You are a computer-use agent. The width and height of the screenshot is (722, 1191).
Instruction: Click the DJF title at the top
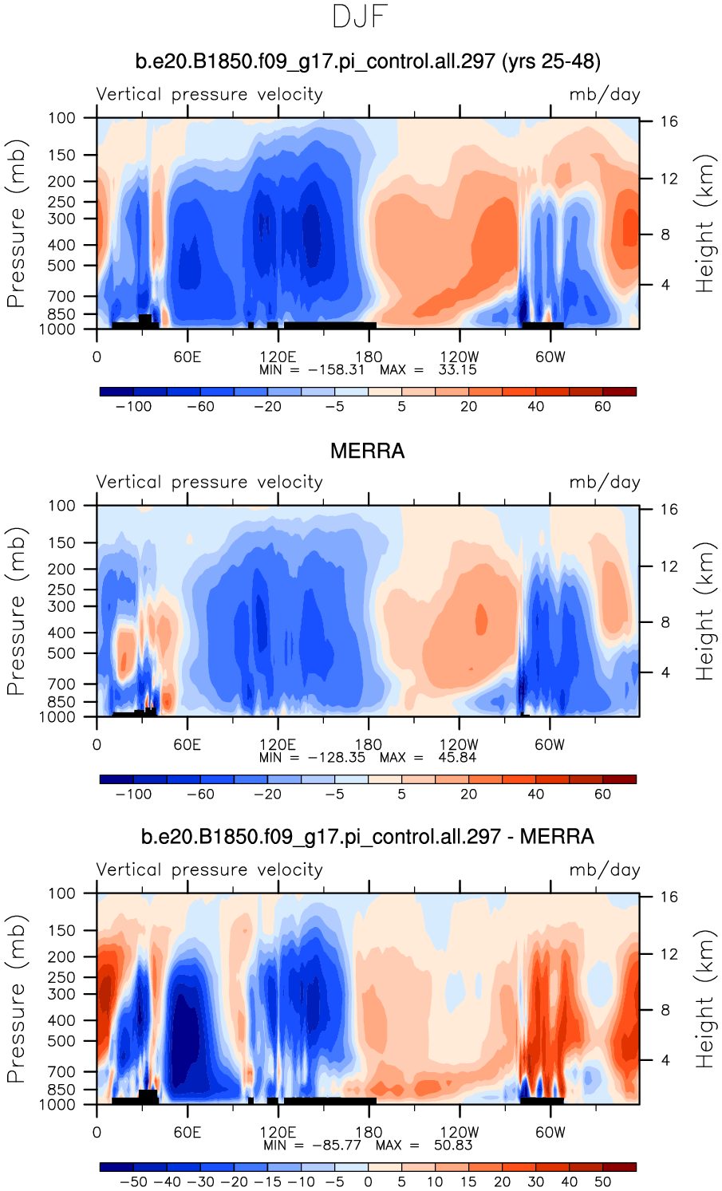(x=361, y=17)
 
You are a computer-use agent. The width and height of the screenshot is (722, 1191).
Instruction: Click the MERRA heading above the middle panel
(x=367, y=452)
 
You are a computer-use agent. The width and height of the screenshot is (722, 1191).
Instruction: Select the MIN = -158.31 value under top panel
(x=312, y=370)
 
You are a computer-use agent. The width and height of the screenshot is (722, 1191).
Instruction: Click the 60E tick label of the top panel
(x=187, y=357)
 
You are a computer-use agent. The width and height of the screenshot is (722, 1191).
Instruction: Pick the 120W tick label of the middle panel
(x=460, y=744)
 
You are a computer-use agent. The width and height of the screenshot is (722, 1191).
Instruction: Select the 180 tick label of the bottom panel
(x=369, y=1132)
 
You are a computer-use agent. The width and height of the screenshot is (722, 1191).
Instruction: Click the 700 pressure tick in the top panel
(x=61, y=297)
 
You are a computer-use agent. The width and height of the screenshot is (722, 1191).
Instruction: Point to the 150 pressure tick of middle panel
(x=61, y=542)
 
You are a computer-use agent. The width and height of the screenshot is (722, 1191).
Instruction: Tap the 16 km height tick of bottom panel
(x=669, y=897)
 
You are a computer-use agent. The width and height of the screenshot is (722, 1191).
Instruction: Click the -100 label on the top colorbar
(x=133, y=407)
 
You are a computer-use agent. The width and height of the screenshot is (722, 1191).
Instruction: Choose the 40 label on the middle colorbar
(x=535, y=795)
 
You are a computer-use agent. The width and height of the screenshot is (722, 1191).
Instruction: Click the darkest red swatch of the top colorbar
(x=619, y=392)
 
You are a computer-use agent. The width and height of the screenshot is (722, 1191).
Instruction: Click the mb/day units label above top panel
(x=604, y=94)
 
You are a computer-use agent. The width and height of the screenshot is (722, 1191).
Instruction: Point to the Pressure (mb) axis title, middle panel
(x=16, y=611)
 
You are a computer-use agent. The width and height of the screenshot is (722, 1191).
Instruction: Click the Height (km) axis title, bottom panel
(x=704, y=999)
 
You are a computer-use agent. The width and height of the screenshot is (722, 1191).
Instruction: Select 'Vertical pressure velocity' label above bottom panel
(x=209, y=870)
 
